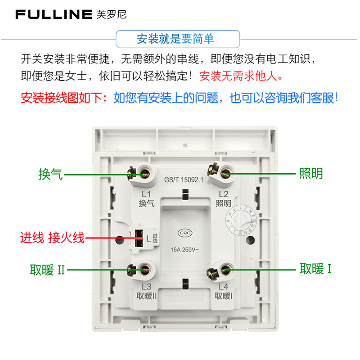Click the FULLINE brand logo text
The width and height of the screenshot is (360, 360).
tap(54, 14)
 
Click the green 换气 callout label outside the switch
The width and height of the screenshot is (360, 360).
tap(50, 174)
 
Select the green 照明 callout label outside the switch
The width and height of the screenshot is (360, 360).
tap(311, 174)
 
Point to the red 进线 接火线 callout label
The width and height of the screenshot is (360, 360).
tap(52, 237)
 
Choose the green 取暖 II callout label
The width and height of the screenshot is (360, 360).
tap(48, 270)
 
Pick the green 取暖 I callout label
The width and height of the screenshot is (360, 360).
tap(315, 269)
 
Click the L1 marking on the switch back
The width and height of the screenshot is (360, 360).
tap(146, 194)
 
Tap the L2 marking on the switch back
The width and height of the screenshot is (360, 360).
tap(224, 194)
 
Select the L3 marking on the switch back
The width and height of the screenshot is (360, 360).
tap(146, 287)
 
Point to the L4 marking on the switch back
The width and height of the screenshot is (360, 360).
tap(224, 287)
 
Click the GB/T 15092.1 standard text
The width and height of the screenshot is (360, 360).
tap(184, 180)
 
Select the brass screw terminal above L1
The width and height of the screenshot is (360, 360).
tap(144, 173)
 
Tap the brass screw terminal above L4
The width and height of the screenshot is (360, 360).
tap(224, 271)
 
